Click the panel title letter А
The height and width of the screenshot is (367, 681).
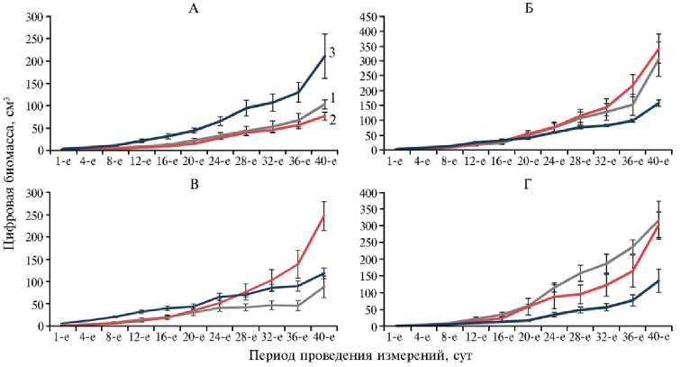[193, 8]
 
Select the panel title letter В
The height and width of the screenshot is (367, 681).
[193, 183]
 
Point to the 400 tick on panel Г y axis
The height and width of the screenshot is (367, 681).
[371, 193]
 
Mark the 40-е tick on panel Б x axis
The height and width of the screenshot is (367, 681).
[659, 161]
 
